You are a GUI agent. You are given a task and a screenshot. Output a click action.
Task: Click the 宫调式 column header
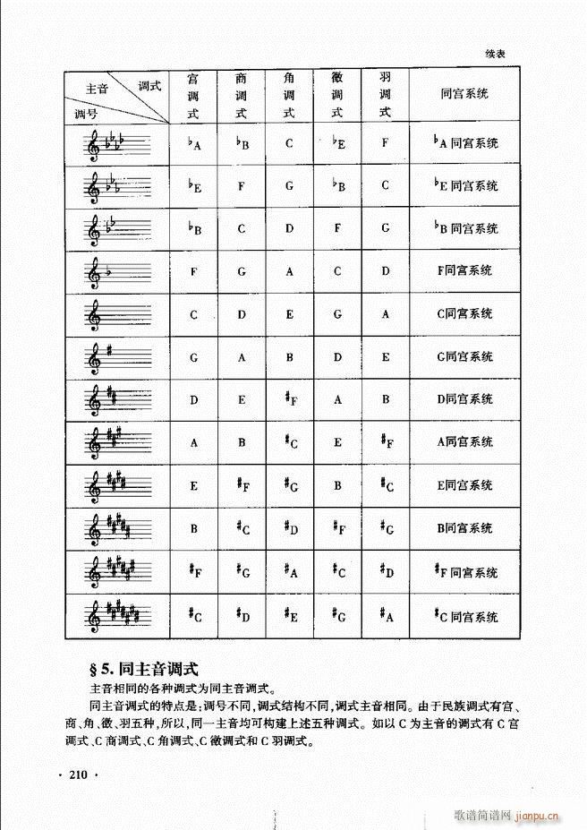point(192,95)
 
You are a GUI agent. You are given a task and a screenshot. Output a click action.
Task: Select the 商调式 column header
point(241,95)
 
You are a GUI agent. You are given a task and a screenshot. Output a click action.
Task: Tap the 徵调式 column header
point(337,95)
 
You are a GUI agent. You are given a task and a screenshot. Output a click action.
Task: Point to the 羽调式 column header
point(386,95)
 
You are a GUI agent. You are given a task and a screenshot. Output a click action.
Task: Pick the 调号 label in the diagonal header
point(86,114)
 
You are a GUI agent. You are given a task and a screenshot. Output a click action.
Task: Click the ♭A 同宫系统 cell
point(464,142)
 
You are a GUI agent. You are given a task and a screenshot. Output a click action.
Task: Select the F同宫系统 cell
point(464,271)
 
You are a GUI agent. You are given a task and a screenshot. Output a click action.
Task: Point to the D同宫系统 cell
point(464,399)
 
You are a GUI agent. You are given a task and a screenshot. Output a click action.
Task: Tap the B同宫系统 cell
point(464,528)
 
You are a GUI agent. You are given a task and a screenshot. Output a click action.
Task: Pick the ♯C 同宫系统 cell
point(464,617)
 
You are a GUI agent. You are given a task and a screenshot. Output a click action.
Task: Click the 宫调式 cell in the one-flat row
point(193,271)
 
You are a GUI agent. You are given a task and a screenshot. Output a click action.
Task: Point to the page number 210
point(81,775)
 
